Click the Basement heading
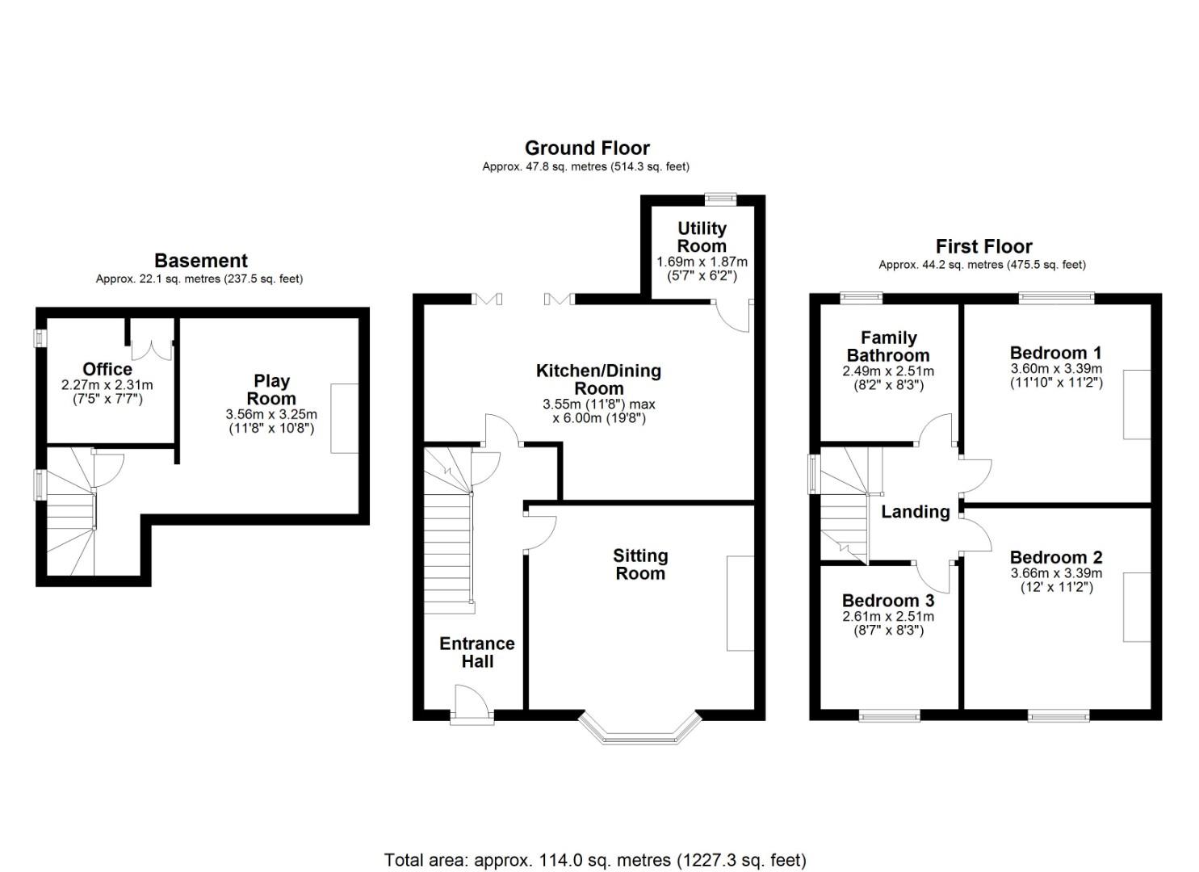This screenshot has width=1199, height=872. [x=201, y=261]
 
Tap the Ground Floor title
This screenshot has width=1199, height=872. [x=587, y=148]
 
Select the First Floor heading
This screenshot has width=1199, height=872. [x=983, y=246]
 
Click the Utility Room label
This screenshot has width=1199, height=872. [x=702, y=237]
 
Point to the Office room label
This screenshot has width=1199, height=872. [x=107, y=369]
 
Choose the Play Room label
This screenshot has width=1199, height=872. [x=271, y=390]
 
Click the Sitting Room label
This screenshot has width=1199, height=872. [x=640, y=564]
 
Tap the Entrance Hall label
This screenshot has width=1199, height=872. [x=477, y=652]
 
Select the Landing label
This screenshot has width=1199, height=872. [x=916, y=512]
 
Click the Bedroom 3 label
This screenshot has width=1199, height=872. [x=888, y=600]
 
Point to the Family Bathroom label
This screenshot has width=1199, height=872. [x=888, y=346]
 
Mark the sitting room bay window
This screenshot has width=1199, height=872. [x=639, y=728]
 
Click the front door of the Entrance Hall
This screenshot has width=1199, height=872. [x=471, y=705]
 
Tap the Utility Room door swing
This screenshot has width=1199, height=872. [x=732, y=316]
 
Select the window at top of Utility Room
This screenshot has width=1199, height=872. [x=720, y=199]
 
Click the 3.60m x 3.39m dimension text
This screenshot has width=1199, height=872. [x=1056, y=369]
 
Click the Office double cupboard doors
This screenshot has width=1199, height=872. [x=152, y=350]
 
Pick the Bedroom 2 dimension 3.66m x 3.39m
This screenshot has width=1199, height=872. [x=1056, y=573]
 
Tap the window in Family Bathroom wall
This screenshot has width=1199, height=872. [x=861, y=298]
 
